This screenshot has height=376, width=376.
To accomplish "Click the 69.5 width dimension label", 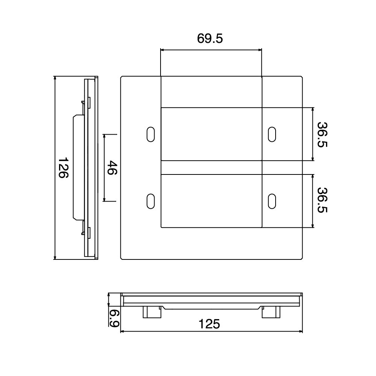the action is pos(210,38).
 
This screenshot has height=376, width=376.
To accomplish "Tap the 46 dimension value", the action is pos(112,168).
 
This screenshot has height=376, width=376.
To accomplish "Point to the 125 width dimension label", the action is pos(209,324).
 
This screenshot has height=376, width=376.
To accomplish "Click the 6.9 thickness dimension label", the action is pos(114,318).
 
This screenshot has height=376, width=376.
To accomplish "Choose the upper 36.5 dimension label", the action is pos(322,135).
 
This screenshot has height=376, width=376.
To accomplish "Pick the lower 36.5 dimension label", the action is pos(322,200).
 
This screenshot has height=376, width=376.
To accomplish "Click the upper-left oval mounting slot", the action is pos(151,134).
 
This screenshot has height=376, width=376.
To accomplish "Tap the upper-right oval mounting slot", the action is pos(272,134).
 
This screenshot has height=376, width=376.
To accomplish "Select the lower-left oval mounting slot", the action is pos(151,201).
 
